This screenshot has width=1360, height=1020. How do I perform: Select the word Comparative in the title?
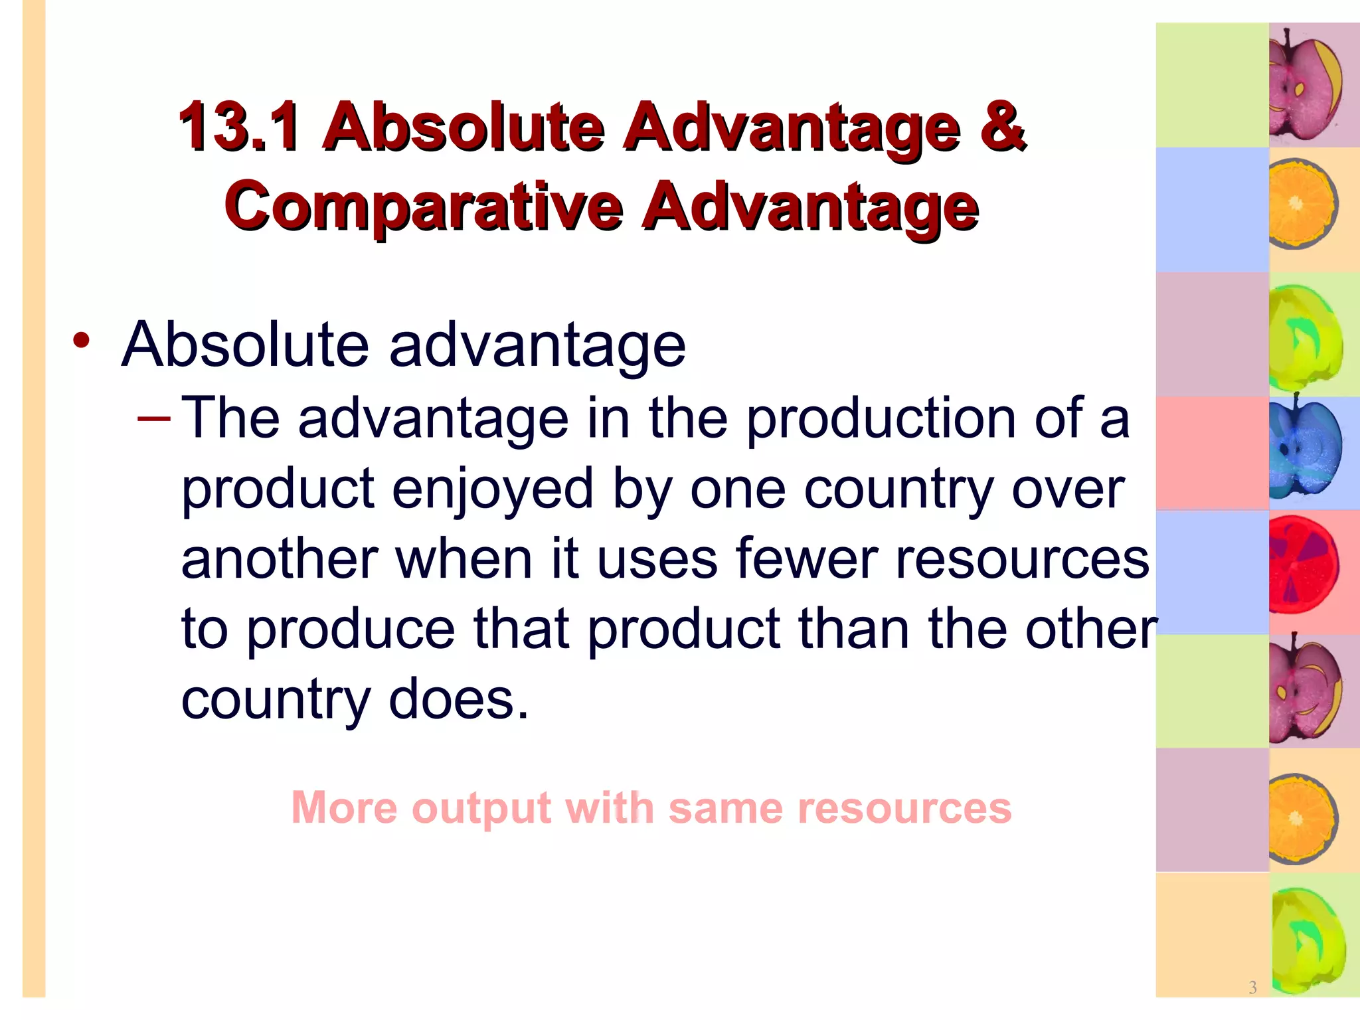click(x=424, y=206)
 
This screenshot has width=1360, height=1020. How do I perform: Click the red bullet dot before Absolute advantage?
click(x=81, y=341)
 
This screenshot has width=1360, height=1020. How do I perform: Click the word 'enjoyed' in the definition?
click(x=492, y=489)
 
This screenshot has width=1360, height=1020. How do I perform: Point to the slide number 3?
click(x=1252, y=987)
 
